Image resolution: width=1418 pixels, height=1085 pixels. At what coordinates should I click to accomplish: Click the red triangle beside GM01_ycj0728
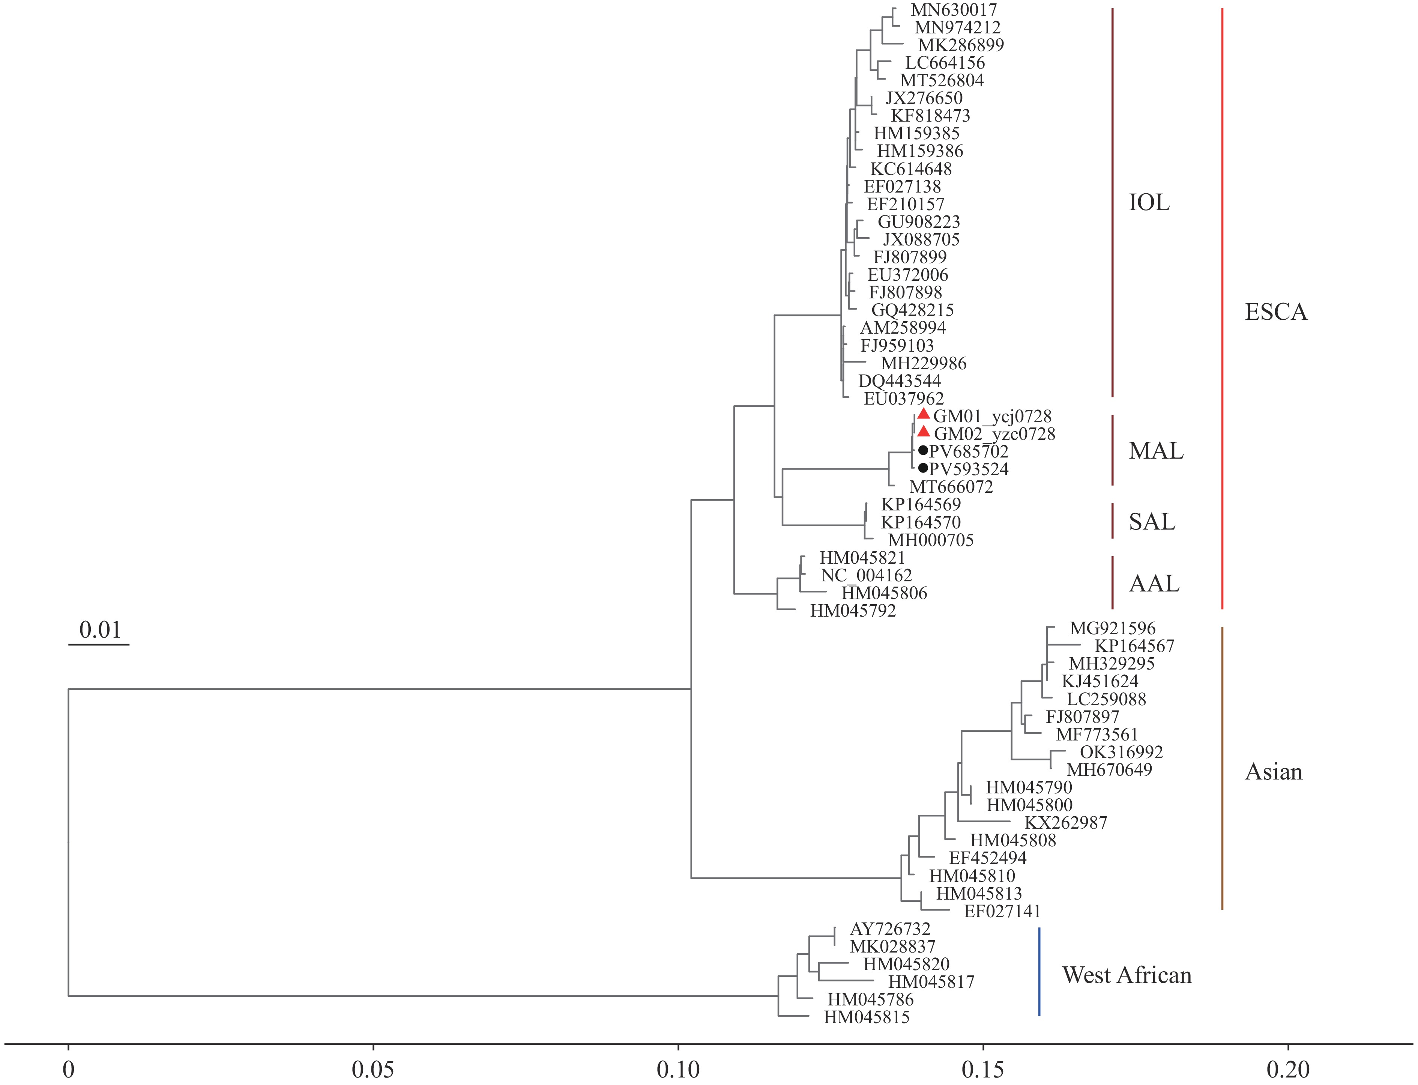pyautogui.click(x=924, y=414)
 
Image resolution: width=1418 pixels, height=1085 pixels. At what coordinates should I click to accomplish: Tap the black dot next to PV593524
pyautogui.click(x=923, y=468)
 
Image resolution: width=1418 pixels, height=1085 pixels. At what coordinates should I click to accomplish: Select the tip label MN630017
pyautogui.click(x=953, y=11)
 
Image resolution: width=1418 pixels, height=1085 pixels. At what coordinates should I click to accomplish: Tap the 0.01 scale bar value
pyautogui.click(x=100, y=630)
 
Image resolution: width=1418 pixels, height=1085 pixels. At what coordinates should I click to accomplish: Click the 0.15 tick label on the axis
pyautogui.click(x=983, y=1070)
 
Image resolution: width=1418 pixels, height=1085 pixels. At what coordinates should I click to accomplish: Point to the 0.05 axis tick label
pyautogui.click(x=373, y=1070)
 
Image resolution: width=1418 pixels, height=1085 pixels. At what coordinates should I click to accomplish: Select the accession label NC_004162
pyautogui.click(x=866, y=575)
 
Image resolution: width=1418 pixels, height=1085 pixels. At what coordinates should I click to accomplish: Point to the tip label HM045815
pyautogui.click(x=866, y=1017)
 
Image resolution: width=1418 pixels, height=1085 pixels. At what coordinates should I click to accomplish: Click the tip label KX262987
pyautogui.click(x=1066, y=823)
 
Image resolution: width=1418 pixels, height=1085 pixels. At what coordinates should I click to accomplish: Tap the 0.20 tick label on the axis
pyautogui.click(x=1288, y=1070)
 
